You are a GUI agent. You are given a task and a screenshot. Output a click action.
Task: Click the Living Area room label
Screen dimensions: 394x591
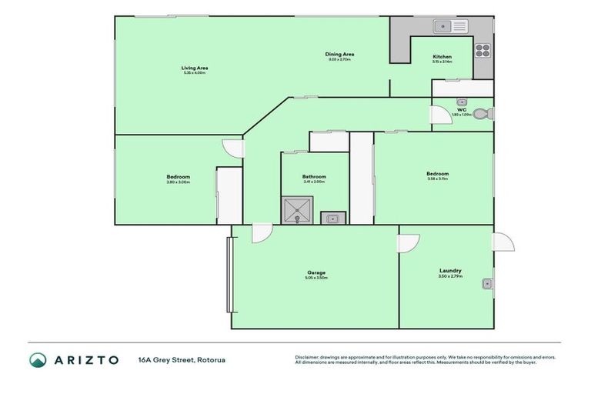point(194,68)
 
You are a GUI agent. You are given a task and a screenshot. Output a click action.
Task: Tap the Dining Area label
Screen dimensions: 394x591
point(339,54)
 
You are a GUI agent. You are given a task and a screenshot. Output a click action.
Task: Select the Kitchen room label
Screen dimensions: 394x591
point(442,57)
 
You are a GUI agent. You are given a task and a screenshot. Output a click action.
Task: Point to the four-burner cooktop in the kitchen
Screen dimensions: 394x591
point(482,50)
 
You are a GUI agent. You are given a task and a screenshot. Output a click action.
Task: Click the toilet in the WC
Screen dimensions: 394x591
point(482,114)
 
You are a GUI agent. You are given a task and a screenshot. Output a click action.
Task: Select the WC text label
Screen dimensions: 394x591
point(462,109)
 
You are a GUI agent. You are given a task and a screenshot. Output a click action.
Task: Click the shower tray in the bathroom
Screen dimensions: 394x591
point(296,209)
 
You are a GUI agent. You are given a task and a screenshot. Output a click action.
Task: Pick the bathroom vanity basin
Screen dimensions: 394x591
point(333,218)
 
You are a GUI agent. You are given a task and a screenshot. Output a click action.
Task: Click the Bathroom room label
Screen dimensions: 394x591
point(313,177)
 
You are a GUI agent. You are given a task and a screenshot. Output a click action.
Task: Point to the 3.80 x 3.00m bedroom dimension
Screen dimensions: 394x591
point(178,182)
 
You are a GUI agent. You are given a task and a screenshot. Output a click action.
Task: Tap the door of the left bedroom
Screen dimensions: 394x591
point(232,149)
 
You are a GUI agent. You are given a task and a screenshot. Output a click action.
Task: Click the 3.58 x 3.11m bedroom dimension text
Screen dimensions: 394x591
point(437,179)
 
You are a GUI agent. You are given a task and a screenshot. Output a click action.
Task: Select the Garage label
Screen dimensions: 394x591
point(317,272)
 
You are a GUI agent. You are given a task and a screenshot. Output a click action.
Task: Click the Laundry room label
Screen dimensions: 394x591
point(450,270)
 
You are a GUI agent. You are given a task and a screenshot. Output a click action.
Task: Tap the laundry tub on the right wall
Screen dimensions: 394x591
point(487,284)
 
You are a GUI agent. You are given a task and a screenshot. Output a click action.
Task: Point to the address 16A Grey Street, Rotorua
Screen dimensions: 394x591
point(182,360)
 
